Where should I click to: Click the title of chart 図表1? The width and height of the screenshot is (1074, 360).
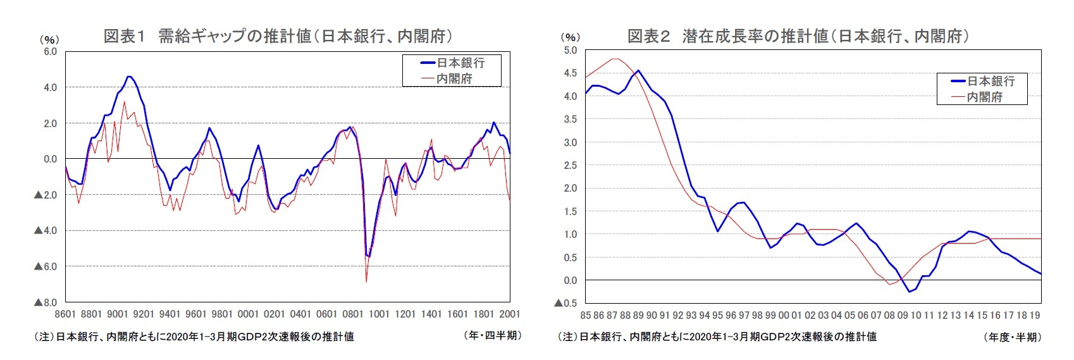point(278,35)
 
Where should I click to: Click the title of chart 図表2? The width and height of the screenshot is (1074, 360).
point(798,36)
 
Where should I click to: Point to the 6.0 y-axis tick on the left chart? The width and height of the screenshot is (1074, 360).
point(50,51)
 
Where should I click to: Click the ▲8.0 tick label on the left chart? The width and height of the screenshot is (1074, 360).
point(46,302)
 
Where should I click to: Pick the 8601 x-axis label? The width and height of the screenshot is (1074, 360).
point(65,314)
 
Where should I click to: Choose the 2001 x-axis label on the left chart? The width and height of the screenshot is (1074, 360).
point(510,314)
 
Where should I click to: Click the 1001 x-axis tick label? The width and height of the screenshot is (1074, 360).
point(379,314)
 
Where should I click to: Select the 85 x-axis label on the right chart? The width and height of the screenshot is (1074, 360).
point(586,315)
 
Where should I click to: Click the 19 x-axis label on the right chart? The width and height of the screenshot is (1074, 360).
point(1035,315)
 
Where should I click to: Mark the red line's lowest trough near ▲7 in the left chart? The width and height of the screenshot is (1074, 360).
point(366,281)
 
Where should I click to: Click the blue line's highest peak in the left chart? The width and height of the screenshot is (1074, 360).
point(128,77)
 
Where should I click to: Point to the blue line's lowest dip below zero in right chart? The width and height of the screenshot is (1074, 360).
point(910,292)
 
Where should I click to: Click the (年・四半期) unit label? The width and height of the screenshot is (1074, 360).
point(493,335)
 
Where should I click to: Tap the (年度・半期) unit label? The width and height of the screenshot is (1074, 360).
point(1013,337)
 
